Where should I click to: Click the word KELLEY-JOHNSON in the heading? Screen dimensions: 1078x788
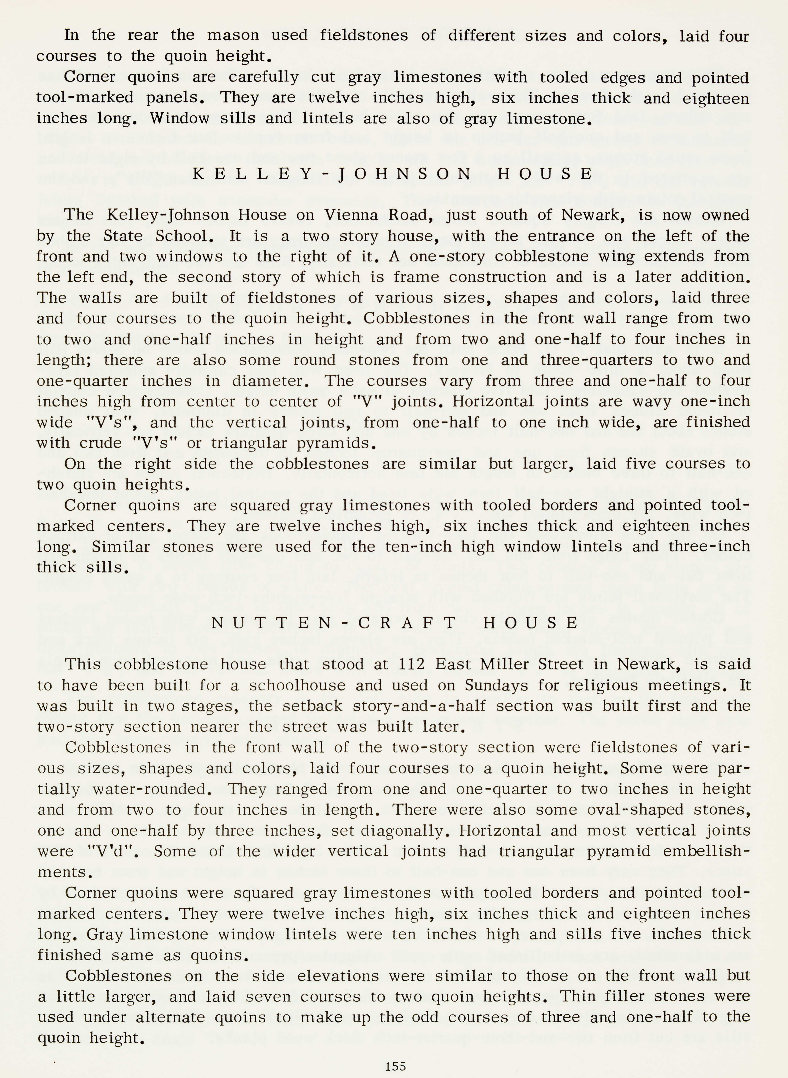(332, 174)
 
